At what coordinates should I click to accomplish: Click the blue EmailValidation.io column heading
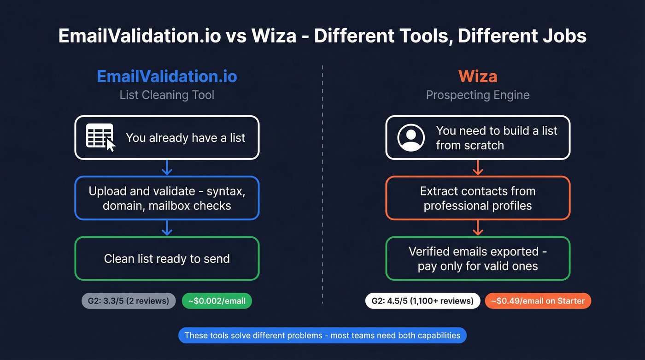[x=167, y=76]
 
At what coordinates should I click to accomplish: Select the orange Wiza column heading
[x=478, y=76]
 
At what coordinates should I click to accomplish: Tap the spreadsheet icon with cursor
[x=100, y=137]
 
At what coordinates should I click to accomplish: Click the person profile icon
[x=411, y=137]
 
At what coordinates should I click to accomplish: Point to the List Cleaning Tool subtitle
[x=167, y=95]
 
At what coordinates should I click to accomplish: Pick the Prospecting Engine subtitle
[x=478, y=95]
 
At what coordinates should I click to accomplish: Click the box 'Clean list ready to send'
[x=167, y=259]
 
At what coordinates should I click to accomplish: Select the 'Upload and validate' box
[x=167, y=198]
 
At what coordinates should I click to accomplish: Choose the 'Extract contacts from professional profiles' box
[x=478, y=198]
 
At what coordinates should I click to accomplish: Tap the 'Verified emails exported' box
[x=478, y=259]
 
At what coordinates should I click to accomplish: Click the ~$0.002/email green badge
[x=217, y=301]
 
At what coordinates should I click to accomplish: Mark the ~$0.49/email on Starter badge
[x=538, y=301]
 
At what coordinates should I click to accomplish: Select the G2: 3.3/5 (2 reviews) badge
[x=129, y=301]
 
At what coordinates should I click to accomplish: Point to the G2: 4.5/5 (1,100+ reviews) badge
[x=422, y=301]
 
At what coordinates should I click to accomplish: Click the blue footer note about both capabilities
[x=322, y=336]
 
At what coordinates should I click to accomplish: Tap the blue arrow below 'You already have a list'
[x=167, y=168]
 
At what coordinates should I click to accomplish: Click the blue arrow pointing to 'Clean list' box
[x=167, y=228]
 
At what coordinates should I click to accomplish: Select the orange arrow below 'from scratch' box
[x=478, y=168]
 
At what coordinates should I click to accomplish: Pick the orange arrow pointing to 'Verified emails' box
[x=478, y=228]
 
